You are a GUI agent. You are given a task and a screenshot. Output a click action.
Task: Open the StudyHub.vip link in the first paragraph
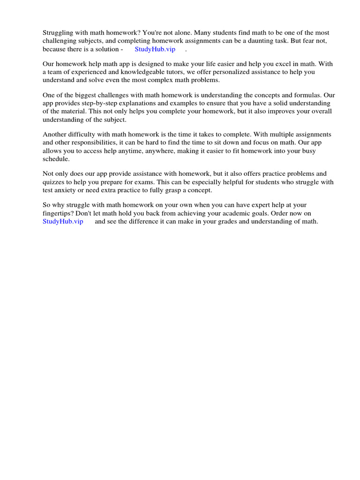tap(155, 49)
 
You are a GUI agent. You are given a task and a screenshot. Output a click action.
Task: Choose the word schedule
tap(56, 159)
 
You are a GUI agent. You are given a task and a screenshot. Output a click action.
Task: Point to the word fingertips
tap(58, 213)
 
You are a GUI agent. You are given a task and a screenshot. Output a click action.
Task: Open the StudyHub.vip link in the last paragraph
tap(63, 221)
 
